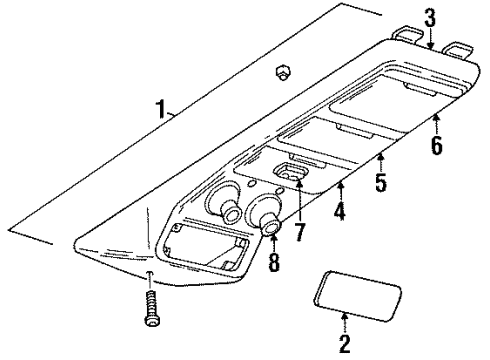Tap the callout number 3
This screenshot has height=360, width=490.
[x=430, y=17]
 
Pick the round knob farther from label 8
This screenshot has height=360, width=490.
[x=224, y=209]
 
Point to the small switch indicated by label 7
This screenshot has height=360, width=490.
[x=293, y=178]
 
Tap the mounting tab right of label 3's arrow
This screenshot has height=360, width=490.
[x=459, y=50]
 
